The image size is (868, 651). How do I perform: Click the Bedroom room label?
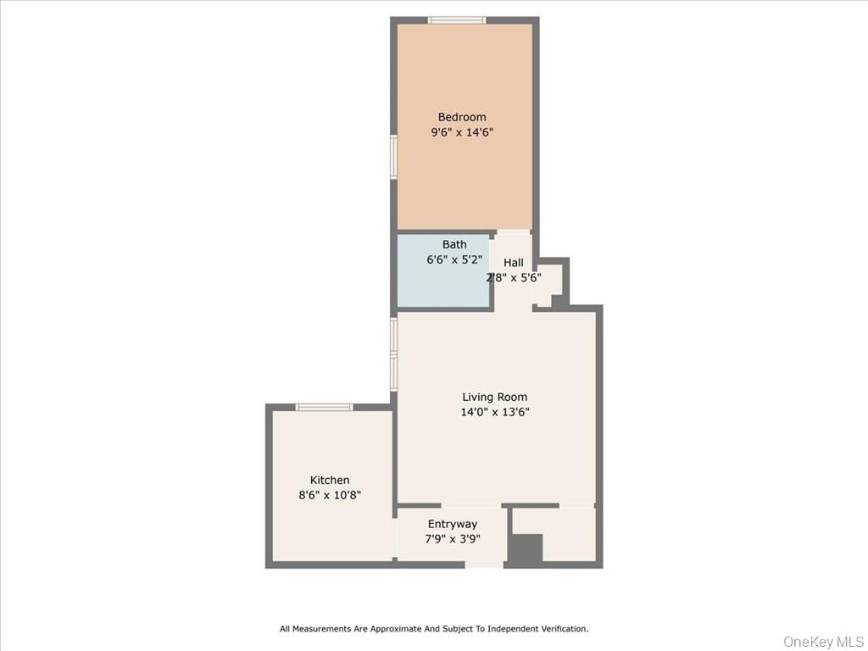point(462,117)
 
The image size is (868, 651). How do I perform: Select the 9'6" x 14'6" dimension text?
point(462,132)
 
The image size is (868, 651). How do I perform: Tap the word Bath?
point(454,245)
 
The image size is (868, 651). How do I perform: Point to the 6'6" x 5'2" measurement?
point(454,260)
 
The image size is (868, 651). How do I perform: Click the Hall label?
point(513,263)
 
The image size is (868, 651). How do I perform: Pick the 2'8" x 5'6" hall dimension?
point(513,277)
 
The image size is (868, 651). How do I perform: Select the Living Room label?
point(494,397)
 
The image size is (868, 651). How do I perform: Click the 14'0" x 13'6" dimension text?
point(494,412)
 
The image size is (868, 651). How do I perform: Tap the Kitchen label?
point(330,480)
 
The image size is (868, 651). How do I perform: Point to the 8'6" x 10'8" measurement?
point(330,495)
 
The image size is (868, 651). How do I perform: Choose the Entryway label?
point(452,524)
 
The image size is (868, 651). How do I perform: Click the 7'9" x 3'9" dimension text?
point(452,538)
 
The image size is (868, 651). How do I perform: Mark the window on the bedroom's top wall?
point(456,19)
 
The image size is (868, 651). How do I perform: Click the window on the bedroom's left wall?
point(393,158)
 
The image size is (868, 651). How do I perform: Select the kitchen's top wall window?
point(324,408)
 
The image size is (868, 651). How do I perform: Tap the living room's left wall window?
point(393,354)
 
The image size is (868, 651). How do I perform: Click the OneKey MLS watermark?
point(822,641)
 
